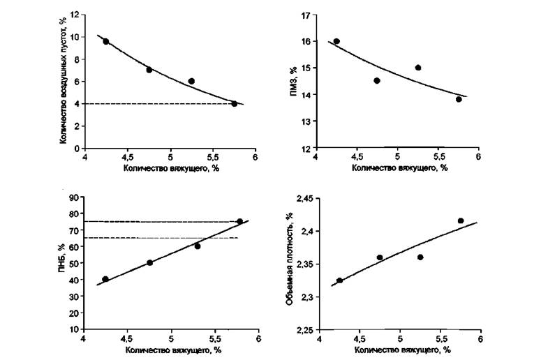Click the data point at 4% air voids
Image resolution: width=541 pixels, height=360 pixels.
235,103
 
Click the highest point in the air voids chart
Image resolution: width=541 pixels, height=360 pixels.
106,42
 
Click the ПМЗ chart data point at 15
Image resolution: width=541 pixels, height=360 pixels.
418,68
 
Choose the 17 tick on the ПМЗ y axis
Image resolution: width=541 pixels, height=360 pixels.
306,14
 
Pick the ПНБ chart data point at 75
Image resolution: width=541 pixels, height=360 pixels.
239,221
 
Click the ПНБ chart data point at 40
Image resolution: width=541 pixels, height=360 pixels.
105,279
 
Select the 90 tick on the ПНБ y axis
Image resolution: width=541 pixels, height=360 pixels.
75,198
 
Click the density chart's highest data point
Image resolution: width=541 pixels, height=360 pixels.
461,220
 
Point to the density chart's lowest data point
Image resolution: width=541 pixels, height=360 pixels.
339,280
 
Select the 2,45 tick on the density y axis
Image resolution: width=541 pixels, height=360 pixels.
305,199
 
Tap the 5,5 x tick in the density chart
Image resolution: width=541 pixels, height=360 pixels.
440,340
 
